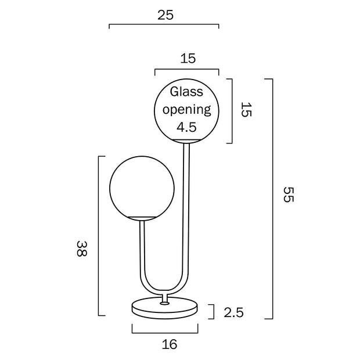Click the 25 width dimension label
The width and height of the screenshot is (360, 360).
165,15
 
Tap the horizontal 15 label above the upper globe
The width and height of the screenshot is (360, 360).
188,58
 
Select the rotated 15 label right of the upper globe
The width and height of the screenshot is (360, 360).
246,110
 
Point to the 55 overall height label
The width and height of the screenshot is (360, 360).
289,195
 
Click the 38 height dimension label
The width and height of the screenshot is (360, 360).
82,249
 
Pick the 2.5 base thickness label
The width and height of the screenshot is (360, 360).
233,312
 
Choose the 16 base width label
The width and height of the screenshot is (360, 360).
170,344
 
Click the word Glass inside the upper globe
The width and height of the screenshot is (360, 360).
186,92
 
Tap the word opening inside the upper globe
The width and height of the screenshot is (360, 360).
186,110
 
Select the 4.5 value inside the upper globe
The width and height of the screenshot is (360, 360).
186,127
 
